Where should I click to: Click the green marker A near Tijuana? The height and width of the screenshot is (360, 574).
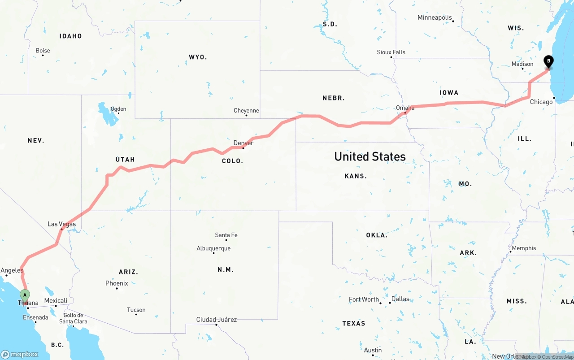pos(25,295)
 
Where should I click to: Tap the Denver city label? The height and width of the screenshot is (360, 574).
pos(244,143)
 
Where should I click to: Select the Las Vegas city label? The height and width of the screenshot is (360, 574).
pos(62,224)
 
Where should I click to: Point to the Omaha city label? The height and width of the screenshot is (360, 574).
pos(405,108)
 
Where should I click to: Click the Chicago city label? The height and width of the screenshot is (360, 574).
pos(541,102)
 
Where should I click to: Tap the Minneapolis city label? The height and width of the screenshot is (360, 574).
pos(435,17)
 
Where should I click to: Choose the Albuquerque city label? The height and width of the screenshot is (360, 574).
pos(213,248)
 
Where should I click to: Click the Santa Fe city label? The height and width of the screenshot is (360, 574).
pos(226,235)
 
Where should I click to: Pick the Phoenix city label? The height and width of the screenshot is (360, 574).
pos(117,283)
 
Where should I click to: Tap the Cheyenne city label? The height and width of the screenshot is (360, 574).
pos(246,111)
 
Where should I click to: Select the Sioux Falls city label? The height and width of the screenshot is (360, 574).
pos(391,52)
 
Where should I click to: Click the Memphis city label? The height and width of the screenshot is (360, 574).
pos(524,248)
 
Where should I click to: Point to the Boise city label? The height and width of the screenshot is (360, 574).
pos(43,51)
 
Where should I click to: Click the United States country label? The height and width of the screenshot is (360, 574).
pos(370,156)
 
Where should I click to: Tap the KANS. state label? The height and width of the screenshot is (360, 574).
pos(356,176)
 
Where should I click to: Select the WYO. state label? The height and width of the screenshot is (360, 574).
pos(198,57)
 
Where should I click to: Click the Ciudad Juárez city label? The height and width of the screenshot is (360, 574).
pos(217,320)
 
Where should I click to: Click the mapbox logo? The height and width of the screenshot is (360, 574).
pos(20,354)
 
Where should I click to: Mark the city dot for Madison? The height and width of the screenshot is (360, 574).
pos(522,69)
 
